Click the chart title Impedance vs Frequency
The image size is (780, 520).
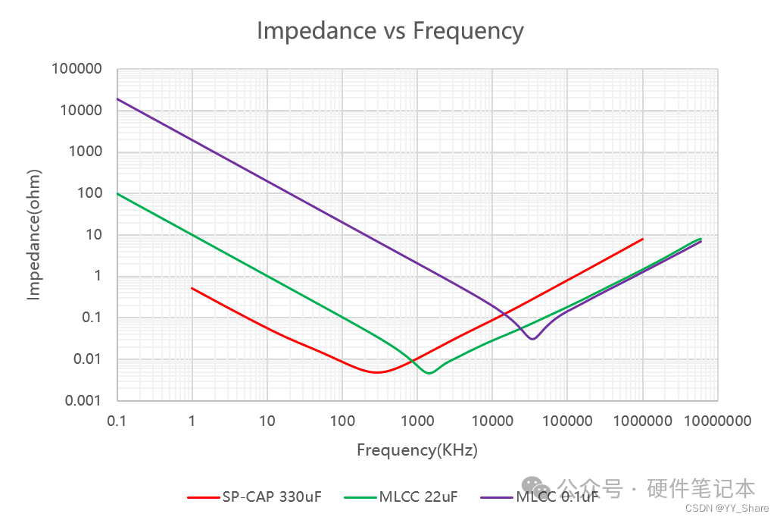click(x=390, y=30)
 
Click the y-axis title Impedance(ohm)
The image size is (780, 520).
click(x=33, y=235)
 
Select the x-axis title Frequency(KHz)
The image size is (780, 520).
click(x=417, y=450)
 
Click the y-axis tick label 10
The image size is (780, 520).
click(x=95, y=235)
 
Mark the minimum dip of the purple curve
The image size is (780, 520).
click(x=533, y=339)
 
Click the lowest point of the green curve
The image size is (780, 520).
click(x=429, y=373)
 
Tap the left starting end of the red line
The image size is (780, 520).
click(x=192, y=288)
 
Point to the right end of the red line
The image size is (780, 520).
click(x=643, y=239)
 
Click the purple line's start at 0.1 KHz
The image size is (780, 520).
click(x=117, y=99)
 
